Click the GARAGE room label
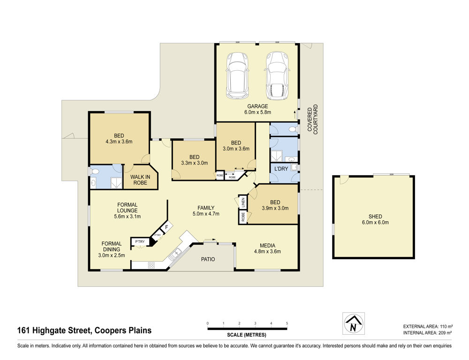257,106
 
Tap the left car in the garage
237,75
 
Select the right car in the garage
277,76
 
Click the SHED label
375,217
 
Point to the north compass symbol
354,323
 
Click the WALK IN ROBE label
140,180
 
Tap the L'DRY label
281,169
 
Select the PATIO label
208,259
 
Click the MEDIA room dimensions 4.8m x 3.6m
267,251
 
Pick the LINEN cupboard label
243,202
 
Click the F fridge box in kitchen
167,227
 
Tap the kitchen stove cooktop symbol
151,265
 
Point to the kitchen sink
175,254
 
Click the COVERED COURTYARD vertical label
312,120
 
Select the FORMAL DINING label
112,247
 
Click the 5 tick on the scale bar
287,323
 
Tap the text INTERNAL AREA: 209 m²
427,333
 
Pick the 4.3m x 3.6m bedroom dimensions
119,142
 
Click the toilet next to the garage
293,129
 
